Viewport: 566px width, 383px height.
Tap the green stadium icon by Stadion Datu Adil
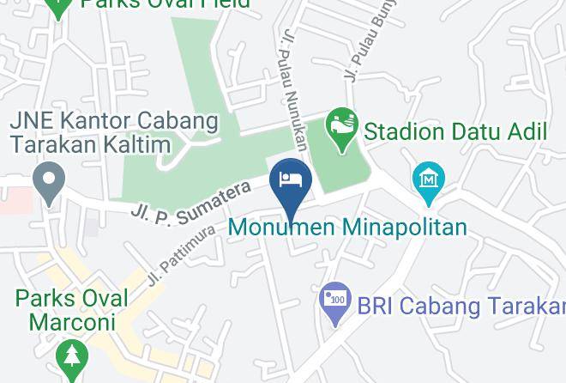(342, 128)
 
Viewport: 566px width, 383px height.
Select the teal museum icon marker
(427, 181)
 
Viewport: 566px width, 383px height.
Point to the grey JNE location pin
(49, 183)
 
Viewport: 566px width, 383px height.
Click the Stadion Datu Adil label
(455, 132)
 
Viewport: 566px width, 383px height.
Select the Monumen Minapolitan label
(347, 228)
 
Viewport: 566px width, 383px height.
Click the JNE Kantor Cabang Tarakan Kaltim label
(114, 131)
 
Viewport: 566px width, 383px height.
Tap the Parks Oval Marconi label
(71, 310)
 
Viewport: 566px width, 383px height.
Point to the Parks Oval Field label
(166, 3)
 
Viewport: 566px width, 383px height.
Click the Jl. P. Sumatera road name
(190, 203)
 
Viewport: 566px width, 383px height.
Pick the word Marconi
(72, 322)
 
